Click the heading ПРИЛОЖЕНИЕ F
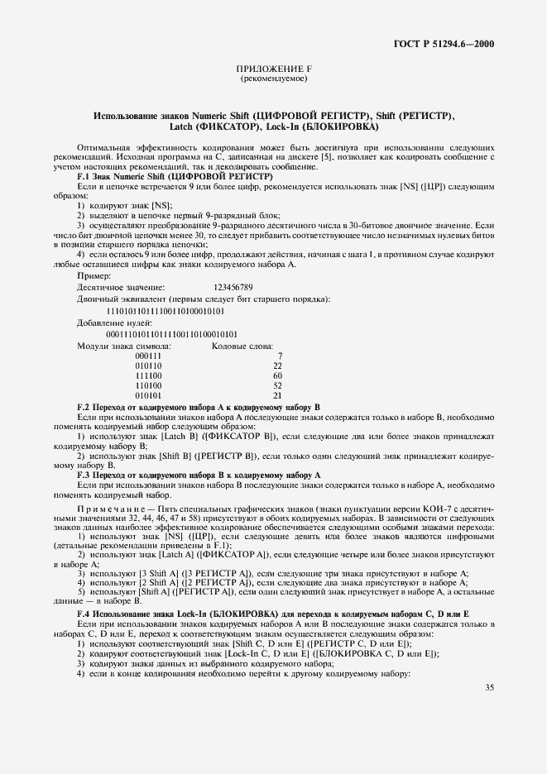coord(273,70)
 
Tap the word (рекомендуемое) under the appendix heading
coord(273,79)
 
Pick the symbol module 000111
coord(148,356)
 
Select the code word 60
coord(277,375)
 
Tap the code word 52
coord(277,385)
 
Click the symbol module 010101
coord(148,395)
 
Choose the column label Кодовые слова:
coord(243,345)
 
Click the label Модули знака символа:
coord(124,345)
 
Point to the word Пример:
coord(94,275)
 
